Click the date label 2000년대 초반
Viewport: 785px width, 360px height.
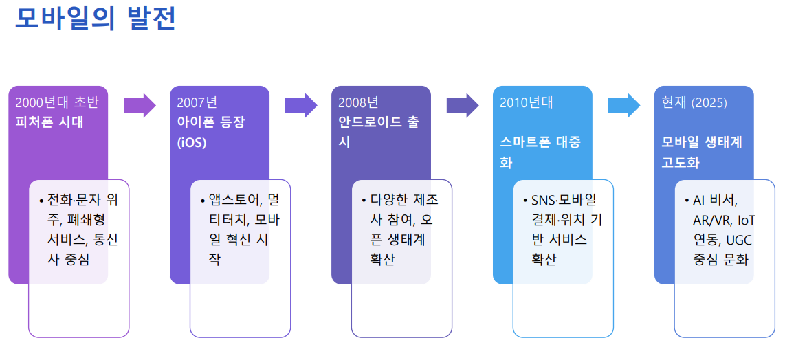point(57,103)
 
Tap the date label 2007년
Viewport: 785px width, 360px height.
point(197,103)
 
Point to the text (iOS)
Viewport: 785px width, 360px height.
point(192,143)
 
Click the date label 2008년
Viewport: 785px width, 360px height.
point(358,103)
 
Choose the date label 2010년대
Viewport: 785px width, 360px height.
point(527,103)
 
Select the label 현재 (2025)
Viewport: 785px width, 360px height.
point(694,103)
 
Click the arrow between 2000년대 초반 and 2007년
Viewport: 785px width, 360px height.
point(140,105)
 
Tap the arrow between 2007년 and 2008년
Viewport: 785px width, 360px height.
point(301,105)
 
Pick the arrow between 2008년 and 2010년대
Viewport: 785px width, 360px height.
point(463,105)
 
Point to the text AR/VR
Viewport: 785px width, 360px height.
point(712,221)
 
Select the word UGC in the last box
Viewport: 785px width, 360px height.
point(740,240)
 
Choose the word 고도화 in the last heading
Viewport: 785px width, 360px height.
point(681,164)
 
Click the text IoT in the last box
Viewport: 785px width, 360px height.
point(747,221)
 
